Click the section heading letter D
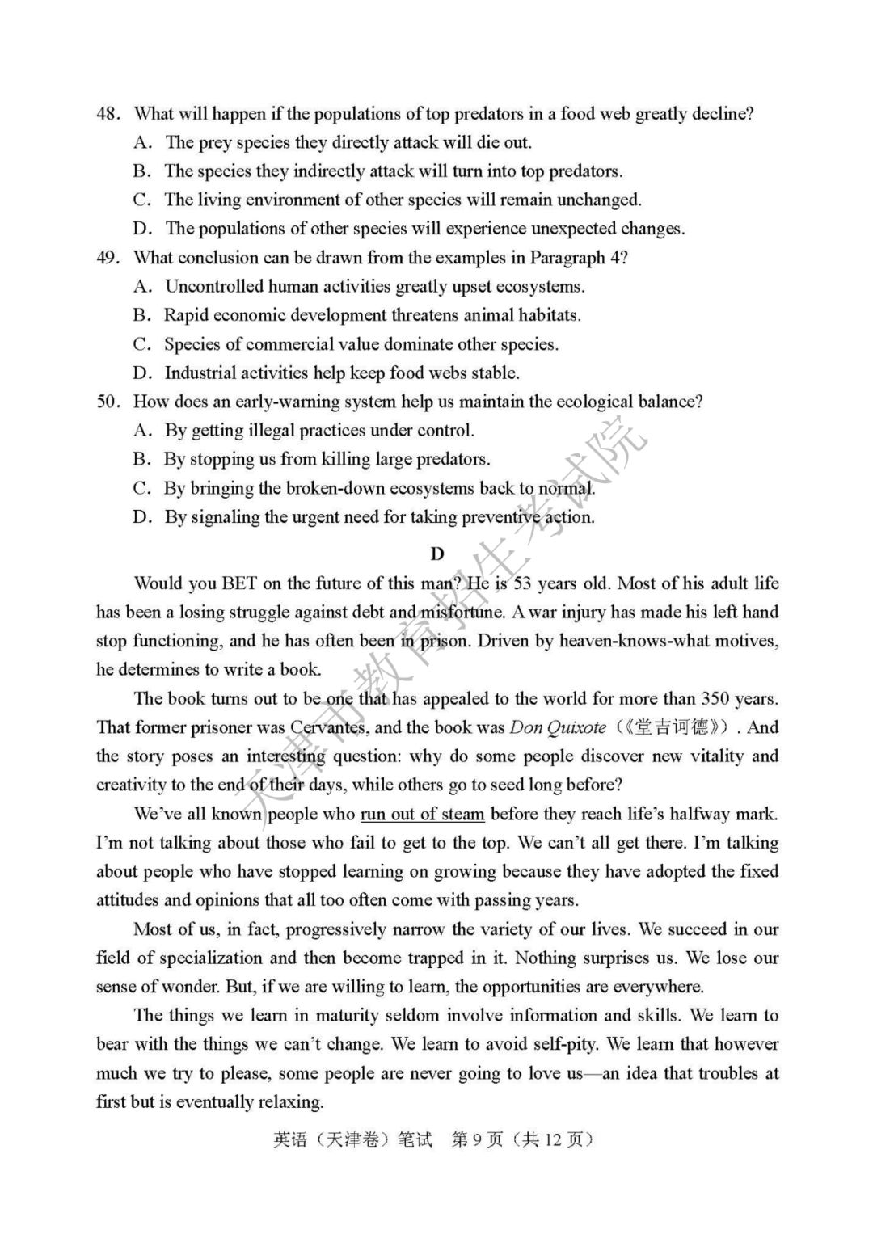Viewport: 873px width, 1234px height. [x=437, y=554]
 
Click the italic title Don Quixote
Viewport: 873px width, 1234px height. [x=557, y=727]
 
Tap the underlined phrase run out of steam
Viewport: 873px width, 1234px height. [x=422, y=814]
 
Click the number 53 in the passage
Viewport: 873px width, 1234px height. [x=523, y=583]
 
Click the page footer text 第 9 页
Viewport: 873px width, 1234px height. [x=477, y=1139]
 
